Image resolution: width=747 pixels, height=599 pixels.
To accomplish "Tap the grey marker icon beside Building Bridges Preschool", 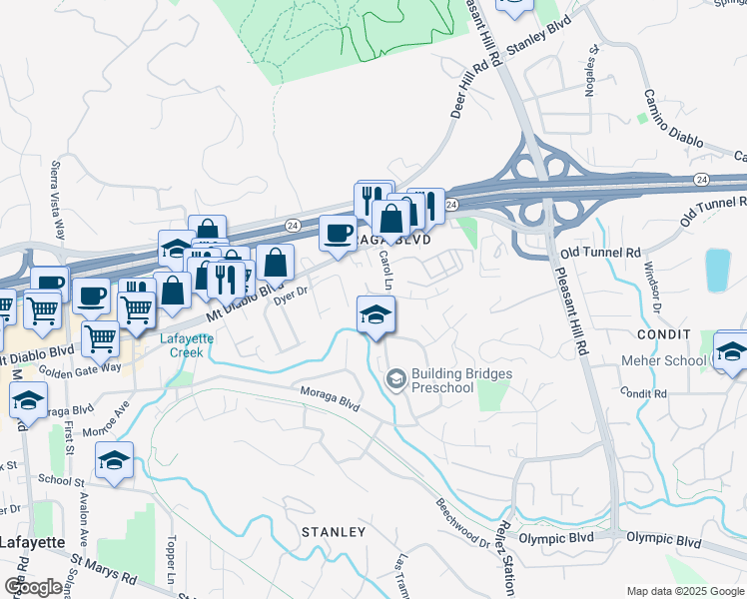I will [x=395, y=379].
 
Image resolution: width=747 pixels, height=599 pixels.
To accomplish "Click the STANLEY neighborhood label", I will [x=334, y=532].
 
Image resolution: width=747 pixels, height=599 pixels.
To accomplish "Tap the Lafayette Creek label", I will [x=182, y=345].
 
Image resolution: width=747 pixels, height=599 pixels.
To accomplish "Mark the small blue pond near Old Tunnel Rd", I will [x=718, y=270].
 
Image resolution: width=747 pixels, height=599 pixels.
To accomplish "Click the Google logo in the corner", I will [x=33, y=587].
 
